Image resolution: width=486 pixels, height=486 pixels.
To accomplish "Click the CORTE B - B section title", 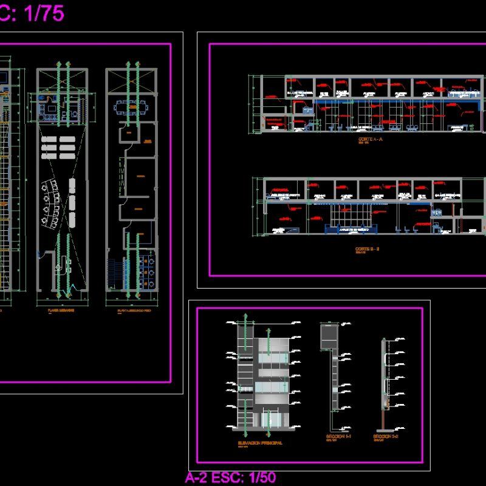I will pyautogui.click(x=367, y=248).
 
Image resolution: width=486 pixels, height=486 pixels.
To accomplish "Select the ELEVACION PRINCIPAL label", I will pyautogui.click(x=261, y=443).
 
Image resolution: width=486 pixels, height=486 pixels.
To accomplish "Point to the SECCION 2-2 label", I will pyautogui.click(x=385, y=436).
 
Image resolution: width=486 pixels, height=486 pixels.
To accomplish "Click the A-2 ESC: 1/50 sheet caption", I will pyautogui.click(x=230, y=477).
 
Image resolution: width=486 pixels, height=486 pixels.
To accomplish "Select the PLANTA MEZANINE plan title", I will pyautogui.click(x=61, y=310).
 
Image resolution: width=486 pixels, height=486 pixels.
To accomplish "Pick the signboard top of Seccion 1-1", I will pyautogui.click(x=329, y=337).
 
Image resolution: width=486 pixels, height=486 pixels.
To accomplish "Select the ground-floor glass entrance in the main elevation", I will pyautogui.click(x=271, y=420).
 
